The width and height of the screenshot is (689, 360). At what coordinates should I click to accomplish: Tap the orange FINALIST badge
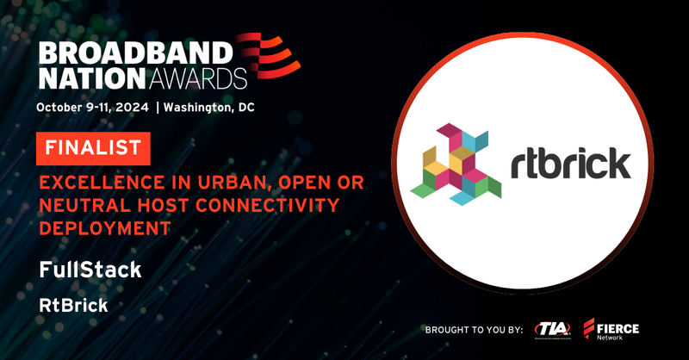coord(93,148)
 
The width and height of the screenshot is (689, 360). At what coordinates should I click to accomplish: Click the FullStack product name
coord(90,270)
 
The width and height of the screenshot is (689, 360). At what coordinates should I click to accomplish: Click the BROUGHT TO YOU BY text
coord(473,330)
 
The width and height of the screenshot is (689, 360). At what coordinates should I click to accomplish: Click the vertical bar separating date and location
coord(158,109)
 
